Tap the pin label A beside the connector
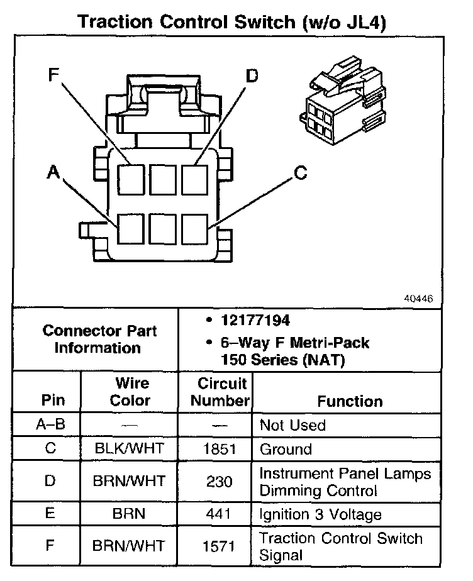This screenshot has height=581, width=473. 55,172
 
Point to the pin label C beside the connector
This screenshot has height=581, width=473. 301,172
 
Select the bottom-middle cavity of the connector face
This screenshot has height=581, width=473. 164,228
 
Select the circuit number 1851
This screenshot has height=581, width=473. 216,449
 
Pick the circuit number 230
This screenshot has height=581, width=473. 216,481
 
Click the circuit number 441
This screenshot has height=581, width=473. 216,514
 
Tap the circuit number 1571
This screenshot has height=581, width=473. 216,546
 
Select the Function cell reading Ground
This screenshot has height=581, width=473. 286,449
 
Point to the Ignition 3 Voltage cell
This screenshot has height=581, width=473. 320,514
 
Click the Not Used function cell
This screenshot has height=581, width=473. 292,425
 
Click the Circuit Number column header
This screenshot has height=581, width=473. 216,392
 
